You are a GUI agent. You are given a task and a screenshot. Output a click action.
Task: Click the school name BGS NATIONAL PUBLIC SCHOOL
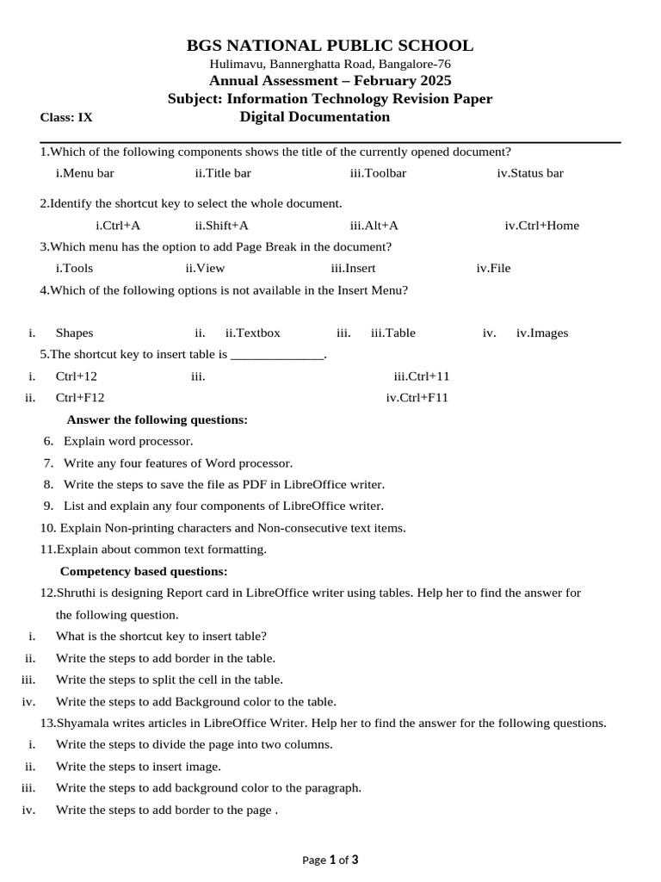tap(330, 46)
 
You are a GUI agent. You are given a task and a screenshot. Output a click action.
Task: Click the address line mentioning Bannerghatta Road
tap(330, 64)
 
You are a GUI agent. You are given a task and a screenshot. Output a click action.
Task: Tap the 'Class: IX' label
tap(66, 117)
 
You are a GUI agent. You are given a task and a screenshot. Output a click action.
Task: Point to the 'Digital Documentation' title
tap(314, 117)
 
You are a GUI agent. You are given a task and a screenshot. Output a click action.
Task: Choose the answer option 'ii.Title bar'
tap(223, 173)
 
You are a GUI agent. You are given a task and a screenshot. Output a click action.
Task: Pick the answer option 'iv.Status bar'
tap(530, 173)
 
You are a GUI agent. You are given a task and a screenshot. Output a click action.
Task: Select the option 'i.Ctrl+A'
tap(118, 226)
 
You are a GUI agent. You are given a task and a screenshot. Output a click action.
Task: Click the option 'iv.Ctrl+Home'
tap(541, 226)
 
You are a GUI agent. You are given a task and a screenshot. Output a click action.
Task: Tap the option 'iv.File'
tap(493, 268)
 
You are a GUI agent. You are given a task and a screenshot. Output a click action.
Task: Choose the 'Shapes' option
tap(75, 333)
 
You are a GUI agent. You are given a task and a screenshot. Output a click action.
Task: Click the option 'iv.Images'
tap(542, 333)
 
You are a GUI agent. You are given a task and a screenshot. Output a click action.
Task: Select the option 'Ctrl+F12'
tap(80, 398)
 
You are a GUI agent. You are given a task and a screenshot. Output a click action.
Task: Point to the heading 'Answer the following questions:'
tap(158, 419)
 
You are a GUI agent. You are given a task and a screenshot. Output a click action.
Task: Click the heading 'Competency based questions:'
tap(144, 571)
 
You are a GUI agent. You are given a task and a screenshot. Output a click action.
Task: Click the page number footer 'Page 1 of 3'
tap(330, 860)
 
